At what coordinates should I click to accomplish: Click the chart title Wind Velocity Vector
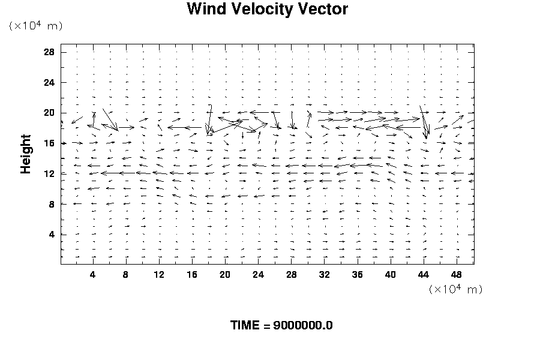[267, 10]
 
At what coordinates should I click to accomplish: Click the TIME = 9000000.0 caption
[281, 325]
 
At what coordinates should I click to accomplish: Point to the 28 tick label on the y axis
[49, 52]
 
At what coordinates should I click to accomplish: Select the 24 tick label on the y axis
[49, 82]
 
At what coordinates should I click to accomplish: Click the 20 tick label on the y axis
[49, 113]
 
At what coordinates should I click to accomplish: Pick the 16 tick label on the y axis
[49, 143]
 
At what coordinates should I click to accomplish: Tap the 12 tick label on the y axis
[49, 173]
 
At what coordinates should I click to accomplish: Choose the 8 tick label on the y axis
[52, 204]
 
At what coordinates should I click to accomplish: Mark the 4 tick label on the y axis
[52, 234]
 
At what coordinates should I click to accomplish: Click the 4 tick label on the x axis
[92, 274]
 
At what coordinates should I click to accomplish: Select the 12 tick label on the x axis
[158, 274]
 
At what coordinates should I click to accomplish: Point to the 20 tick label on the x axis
[225, 274]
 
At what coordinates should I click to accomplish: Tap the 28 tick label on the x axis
[292, 274]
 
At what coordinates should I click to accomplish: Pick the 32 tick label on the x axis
[325, 274]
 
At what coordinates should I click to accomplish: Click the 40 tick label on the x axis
[391, 274]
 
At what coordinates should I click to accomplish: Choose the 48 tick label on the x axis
[457, 274]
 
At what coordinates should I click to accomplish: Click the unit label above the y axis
[35, 26]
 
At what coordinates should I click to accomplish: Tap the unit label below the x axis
[455, 289]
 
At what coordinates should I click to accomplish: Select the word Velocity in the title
[263, 10]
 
